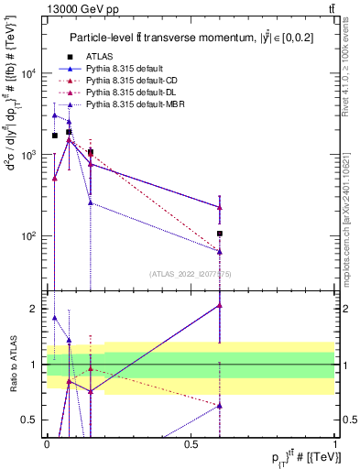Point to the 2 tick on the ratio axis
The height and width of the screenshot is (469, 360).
pos(36,309)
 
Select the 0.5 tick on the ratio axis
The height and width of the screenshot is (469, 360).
pos(32,420)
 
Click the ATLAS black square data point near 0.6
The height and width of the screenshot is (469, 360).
pos(220,234)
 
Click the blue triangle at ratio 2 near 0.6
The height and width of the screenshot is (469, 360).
pos(220,305)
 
